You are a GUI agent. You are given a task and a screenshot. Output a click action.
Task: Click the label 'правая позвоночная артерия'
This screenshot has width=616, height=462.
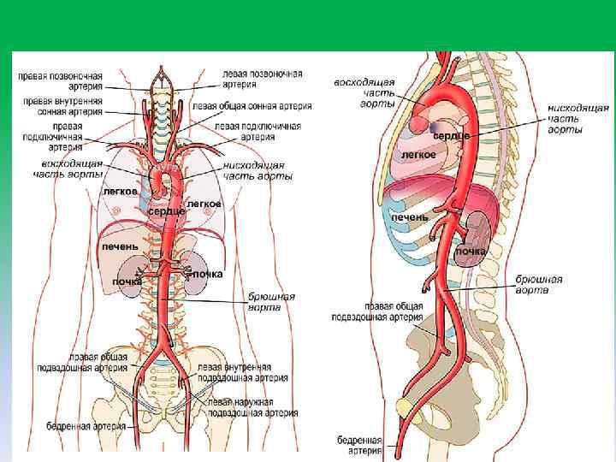pos(61,80)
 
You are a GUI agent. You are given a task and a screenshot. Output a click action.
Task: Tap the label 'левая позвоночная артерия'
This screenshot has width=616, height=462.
pos(261,79)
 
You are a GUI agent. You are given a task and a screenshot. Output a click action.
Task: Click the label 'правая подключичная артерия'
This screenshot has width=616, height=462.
pos(61,136)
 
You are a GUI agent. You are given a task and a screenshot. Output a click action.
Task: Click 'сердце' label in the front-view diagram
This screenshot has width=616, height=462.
pos(166,210)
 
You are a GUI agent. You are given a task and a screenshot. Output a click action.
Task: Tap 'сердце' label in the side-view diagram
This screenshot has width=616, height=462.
pos(451,136)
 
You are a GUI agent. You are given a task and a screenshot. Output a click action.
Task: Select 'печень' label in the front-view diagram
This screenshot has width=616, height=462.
pos(120,246)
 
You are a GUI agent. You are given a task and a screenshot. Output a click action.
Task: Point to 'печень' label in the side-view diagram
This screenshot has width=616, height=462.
pos(410,218)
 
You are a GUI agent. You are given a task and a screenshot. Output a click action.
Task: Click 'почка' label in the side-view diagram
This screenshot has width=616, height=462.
pos(471,252)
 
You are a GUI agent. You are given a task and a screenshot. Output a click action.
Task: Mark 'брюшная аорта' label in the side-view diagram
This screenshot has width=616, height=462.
pos(539,285)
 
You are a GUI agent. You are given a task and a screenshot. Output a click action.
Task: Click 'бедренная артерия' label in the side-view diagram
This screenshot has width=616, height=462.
pos(359,445)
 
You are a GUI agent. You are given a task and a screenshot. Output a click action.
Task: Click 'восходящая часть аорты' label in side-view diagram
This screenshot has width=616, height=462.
pos(364,92)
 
